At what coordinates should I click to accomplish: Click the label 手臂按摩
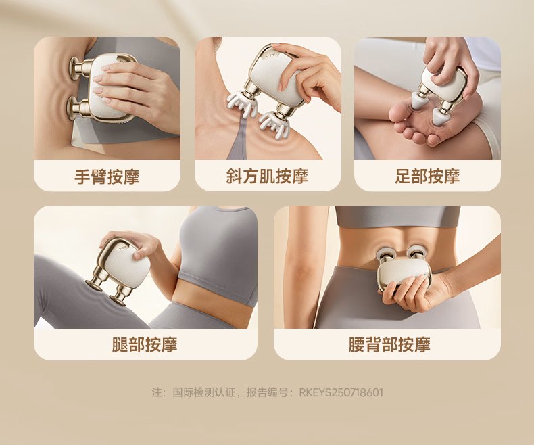coord(107,177)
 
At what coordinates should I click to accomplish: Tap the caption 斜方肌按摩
coord(268,177)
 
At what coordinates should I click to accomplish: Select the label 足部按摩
coord(427,177)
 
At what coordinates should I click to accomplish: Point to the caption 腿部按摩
coord(145,344)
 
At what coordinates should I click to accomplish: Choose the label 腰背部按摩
coord(389,344)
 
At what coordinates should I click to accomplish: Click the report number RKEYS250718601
coord(341,392)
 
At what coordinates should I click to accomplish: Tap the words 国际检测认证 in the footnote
coord(204,392)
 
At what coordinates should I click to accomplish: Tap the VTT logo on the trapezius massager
coord(272,54)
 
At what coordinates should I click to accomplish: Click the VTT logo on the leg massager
coord(122,248)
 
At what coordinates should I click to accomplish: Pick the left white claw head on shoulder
coord(241,101)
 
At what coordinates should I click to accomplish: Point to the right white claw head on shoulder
coord(275,124)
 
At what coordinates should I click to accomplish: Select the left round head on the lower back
coord(385,254)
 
